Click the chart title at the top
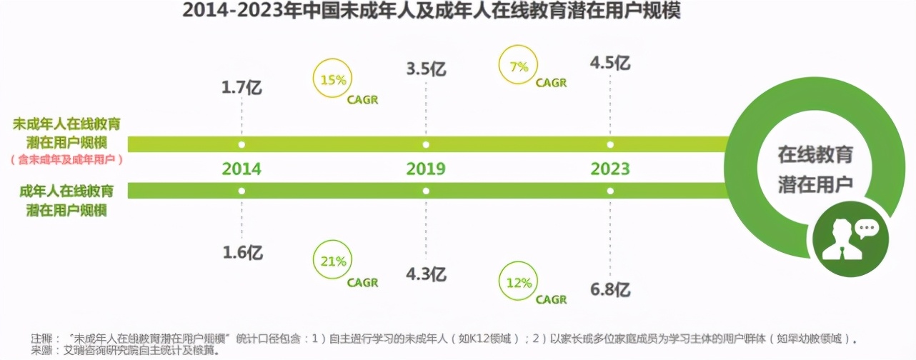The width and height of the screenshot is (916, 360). click(x=431, y=12)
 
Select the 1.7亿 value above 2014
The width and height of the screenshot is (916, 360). click(x=242, y=89)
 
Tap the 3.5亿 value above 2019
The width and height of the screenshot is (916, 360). click(x=426, y=69)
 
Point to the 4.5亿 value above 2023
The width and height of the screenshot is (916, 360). click(x=609, y=63)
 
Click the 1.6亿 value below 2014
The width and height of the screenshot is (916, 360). click(x=242, y=253)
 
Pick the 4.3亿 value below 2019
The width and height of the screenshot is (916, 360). click(x=426, y=274)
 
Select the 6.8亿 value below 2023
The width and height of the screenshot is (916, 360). click(x=609, y=289)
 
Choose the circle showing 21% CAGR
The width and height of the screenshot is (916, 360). click(x=334, y=262)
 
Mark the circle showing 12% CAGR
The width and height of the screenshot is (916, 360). click(x=519, y=283)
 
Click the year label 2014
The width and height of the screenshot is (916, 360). click(x=242, y=169)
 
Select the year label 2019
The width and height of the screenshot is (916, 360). click(x=426, y=169)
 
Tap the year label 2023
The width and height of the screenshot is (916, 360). click(x=609, y=169)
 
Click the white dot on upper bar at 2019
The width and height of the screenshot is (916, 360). click(x=426, y=144)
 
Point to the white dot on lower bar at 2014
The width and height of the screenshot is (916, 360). click(x=242, y=191)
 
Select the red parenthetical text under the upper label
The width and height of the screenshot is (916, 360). click(x=67, y=160)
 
